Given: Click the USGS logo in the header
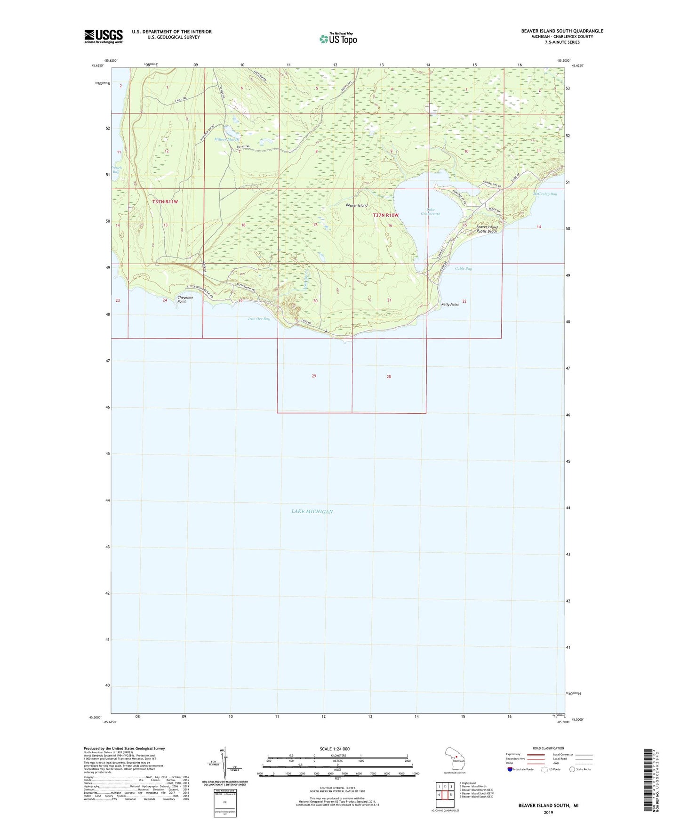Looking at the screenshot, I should [x=104, y=36].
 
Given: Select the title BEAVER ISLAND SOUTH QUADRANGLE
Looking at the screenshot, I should [x=562, y=31].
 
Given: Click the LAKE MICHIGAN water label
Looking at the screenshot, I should [x=312, y=511].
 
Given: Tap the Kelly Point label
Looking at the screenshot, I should [x=450, y=305].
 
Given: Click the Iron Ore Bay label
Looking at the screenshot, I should [x=259, y=319].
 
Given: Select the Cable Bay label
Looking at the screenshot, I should [x=463, y=268].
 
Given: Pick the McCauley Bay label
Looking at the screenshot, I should [x=545, y=194].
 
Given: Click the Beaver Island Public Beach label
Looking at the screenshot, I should [x=487, y=229].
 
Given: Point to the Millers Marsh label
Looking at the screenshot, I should [x=227, y=139].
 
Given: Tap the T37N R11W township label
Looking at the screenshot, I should [x=165, y=201].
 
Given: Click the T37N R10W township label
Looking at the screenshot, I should [x=386, y=215].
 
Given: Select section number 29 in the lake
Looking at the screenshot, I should [x=314, y=376].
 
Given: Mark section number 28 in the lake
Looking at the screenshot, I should [x=389, y=377].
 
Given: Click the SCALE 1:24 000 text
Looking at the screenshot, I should [x=335, y=749].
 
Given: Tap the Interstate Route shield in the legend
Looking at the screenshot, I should [x=510, y=769].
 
